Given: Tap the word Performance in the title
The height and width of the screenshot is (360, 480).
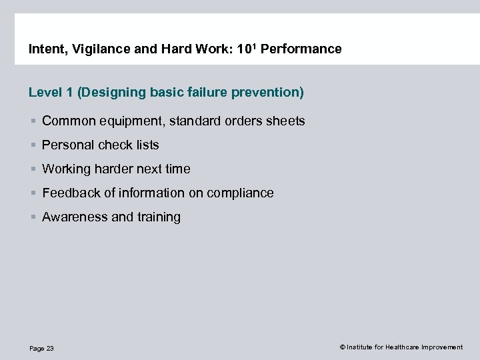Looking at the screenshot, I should coord(304,49).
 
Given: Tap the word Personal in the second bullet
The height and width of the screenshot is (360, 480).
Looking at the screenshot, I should coord(67,145).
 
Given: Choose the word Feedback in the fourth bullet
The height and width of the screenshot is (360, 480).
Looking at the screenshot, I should coord(71,193).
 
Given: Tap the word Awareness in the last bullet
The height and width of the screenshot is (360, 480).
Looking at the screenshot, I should coord(72,217).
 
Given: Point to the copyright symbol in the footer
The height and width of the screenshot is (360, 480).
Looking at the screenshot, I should coord(342,347).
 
